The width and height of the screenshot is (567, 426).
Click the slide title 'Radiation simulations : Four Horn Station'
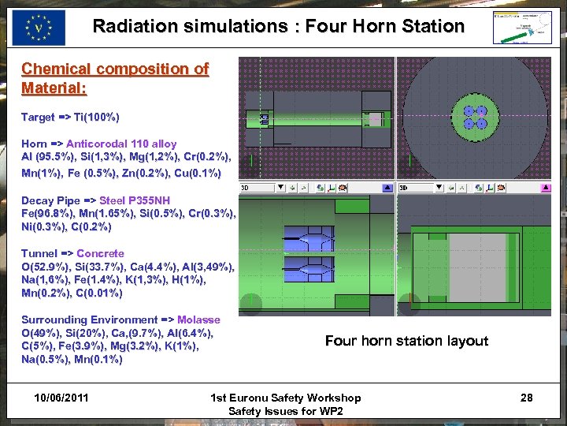click(278, 26)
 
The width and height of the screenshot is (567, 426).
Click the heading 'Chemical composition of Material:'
click(114, 77)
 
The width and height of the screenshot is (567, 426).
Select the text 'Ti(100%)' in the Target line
click(96, 117)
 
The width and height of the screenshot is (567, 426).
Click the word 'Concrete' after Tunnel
click(100, 253)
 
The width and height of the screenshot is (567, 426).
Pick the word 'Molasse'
click(198, 319)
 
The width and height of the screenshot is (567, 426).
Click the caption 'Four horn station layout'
click(406, 341)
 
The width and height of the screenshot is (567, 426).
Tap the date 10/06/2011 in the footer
click(61, 398)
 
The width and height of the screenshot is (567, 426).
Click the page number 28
click(526, 398)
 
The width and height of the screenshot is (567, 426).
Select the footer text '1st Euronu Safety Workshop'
click(286, 398)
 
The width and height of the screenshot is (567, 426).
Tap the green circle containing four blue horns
click(475, 118)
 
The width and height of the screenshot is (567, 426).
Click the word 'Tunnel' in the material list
click(39, 253)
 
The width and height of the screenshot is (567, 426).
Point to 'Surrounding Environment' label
click(90, 319)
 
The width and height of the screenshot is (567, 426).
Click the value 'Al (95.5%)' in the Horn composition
click(48, 157)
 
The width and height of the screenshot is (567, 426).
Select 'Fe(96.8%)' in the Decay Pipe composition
click(49, 214)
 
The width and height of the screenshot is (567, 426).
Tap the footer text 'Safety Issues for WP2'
click(286, 411)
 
